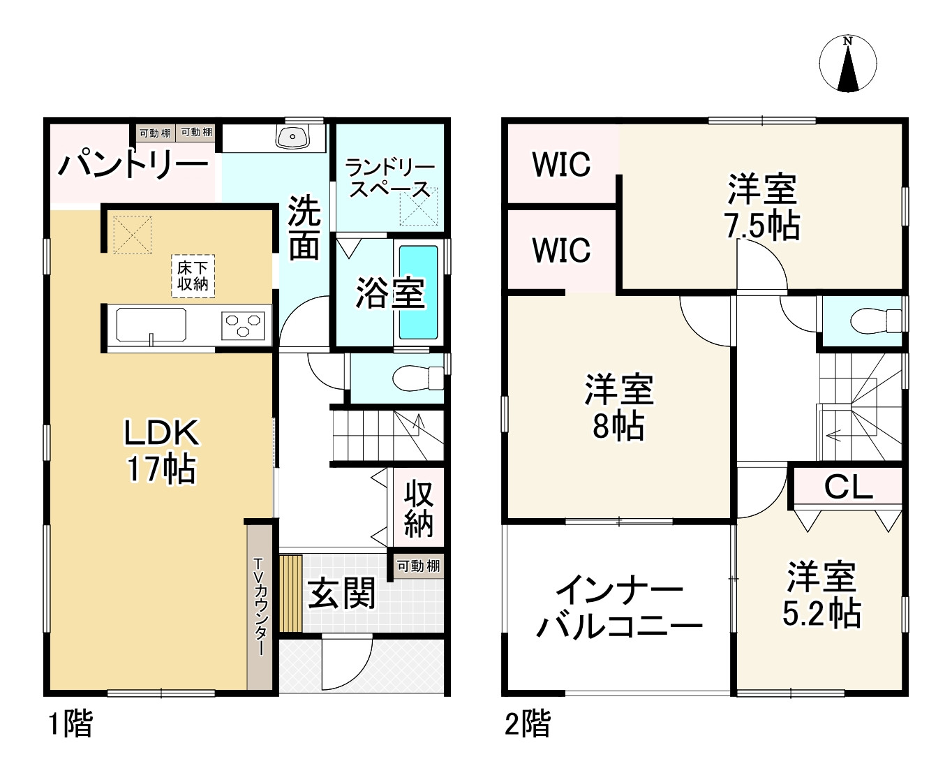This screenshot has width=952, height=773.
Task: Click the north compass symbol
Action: (x=847, y=64)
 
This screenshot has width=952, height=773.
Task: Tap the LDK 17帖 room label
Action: (x=161, y=451)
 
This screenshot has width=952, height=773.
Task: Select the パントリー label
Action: (x=133, y=166)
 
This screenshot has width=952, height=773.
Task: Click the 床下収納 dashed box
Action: (x=193, y=276)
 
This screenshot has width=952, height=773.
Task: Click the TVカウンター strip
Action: (x=259, y=605)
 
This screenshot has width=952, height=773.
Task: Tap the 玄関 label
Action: (x=342, y=594)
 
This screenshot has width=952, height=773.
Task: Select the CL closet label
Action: (x=848, y=487)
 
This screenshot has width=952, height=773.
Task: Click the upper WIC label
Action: (x=561, y=165)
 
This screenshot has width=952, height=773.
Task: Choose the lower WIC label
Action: (x=561, y=249)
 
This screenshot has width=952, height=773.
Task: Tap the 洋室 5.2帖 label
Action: (x=821, y=595)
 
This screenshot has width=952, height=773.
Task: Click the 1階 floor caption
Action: (x=70, y=724)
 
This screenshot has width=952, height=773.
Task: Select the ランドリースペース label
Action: (x=389, y=179)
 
